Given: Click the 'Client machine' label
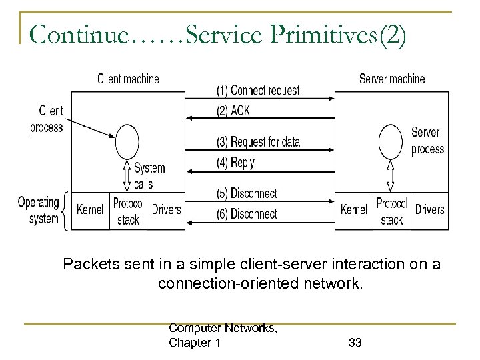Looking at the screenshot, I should tap(128, 79).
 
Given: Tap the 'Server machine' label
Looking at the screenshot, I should tap(391, 79).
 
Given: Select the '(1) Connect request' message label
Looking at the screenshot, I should tap(257, 90).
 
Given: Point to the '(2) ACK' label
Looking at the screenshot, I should tap(233, 111).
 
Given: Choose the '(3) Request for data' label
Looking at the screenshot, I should tap(257, 141).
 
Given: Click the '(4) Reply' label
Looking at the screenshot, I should tap(235, 162).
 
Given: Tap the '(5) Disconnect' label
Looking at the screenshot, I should tap(246, 193).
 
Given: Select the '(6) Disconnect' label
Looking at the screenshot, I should tap(246, 214).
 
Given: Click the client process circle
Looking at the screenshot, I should tap(127, 141).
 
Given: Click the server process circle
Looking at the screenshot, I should tap(390, 141).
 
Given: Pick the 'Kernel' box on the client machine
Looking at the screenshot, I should tap(91, 210).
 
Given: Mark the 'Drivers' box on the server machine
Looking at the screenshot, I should tap(430, 210).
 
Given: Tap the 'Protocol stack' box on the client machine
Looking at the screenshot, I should tap(129, 211).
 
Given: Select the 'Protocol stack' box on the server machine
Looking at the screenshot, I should tap(391, 211).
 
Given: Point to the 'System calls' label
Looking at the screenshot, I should tap(150, 175).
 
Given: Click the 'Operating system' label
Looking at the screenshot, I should tap(38, 211).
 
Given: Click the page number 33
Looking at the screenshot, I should tap(355, 343).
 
